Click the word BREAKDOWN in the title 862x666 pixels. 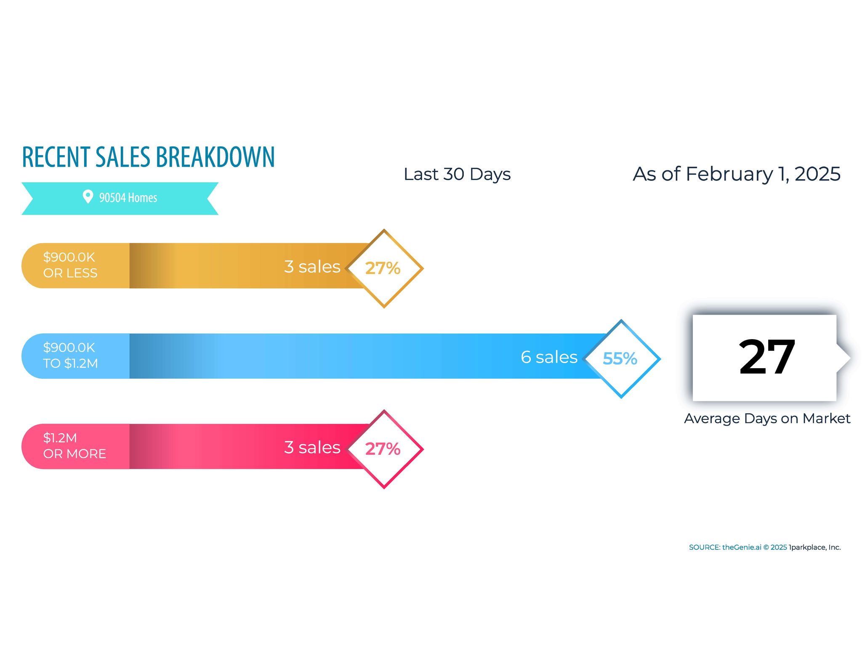(x=215, y=157)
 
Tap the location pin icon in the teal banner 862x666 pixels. (x=88, y=196)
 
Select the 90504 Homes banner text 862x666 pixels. (x=128, y=197)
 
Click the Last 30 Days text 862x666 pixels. (x=457, y=174)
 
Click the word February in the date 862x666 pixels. (x=729, y=175)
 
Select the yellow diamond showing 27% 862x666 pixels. (x=384, y=268)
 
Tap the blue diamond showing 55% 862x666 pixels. (x=621, y=358)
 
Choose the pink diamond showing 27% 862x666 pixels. (x=384, y=449)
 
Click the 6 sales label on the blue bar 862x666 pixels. (x=549, y=357)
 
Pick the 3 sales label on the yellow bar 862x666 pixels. (x=312, y=267)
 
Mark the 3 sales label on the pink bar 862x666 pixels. (x=312, y=447)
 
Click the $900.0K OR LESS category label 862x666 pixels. (x=70, y=265)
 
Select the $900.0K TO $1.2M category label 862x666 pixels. (x=70, y=356)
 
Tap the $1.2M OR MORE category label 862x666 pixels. (x=74, y=446)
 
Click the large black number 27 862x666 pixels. (x=767, y=357)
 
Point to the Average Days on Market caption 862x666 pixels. (x=767, y=419)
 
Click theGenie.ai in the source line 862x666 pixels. (x=742, y=547)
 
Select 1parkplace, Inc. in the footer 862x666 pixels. (x=814, y=547)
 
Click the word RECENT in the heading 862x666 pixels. (x=56, y=157)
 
